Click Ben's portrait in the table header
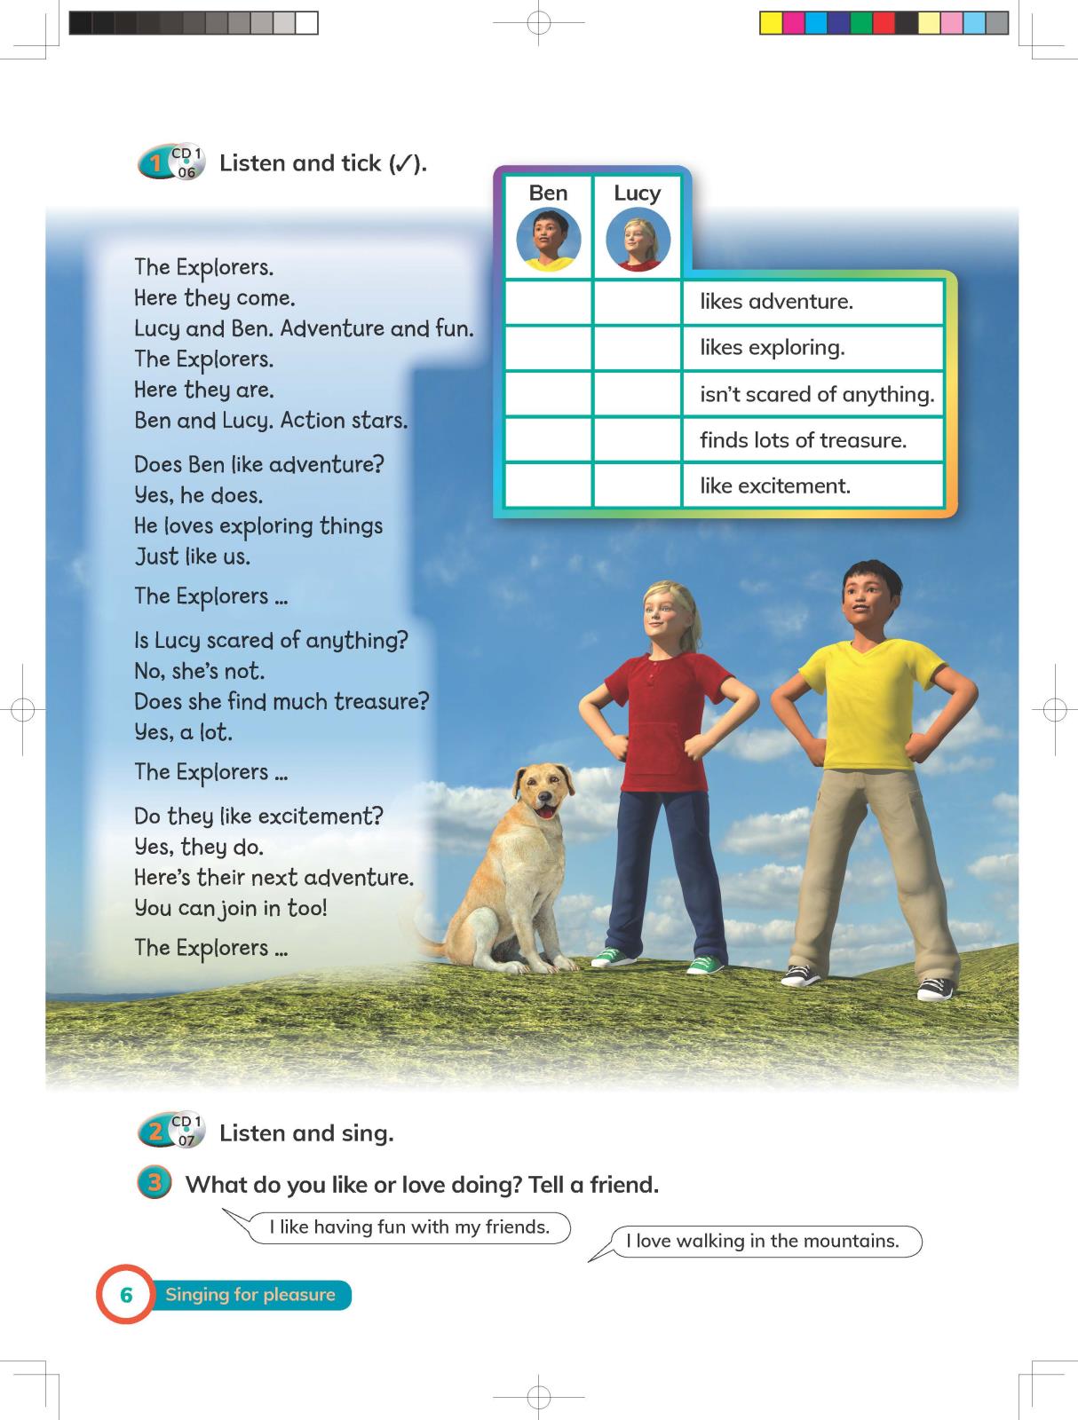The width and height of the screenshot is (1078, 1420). (x=549, y=240)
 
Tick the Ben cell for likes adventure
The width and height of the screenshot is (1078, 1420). (x=548, y=302)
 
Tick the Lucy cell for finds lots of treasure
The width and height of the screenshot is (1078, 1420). (x=637, y=439)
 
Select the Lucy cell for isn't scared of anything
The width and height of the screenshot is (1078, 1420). (x=637, y=393)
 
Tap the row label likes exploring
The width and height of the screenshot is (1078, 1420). (x=772, y=348)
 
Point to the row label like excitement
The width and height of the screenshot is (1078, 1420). (x=774, y=485)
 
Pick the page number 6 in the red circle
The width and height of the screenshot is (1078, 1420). (x=126, y=1295)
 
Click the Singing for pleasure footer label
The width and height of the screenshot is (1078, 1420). (x=250, y=1295)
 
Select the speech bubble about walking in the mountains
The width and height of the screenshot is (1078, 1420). (x=762, y=1241)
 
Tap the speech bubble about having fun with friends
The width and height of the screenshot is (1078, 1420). (x=409, y=1227)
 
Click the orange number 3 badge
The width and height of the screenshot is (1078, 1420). (x=155, y=1184)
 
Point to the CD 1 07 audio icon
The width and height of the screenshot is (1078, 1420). (x=185, y=1132)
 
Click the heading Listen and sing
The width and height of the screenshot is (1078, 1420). (x=306, y=1133)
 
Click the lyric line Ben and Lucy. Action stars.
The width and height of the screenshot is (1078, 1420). (x=271, y=421)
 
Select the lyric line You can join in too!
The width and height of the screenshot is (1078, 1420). (x=231, y=908)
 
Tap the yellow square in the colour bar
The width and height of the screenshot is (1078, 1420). (x=771, y=23)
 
